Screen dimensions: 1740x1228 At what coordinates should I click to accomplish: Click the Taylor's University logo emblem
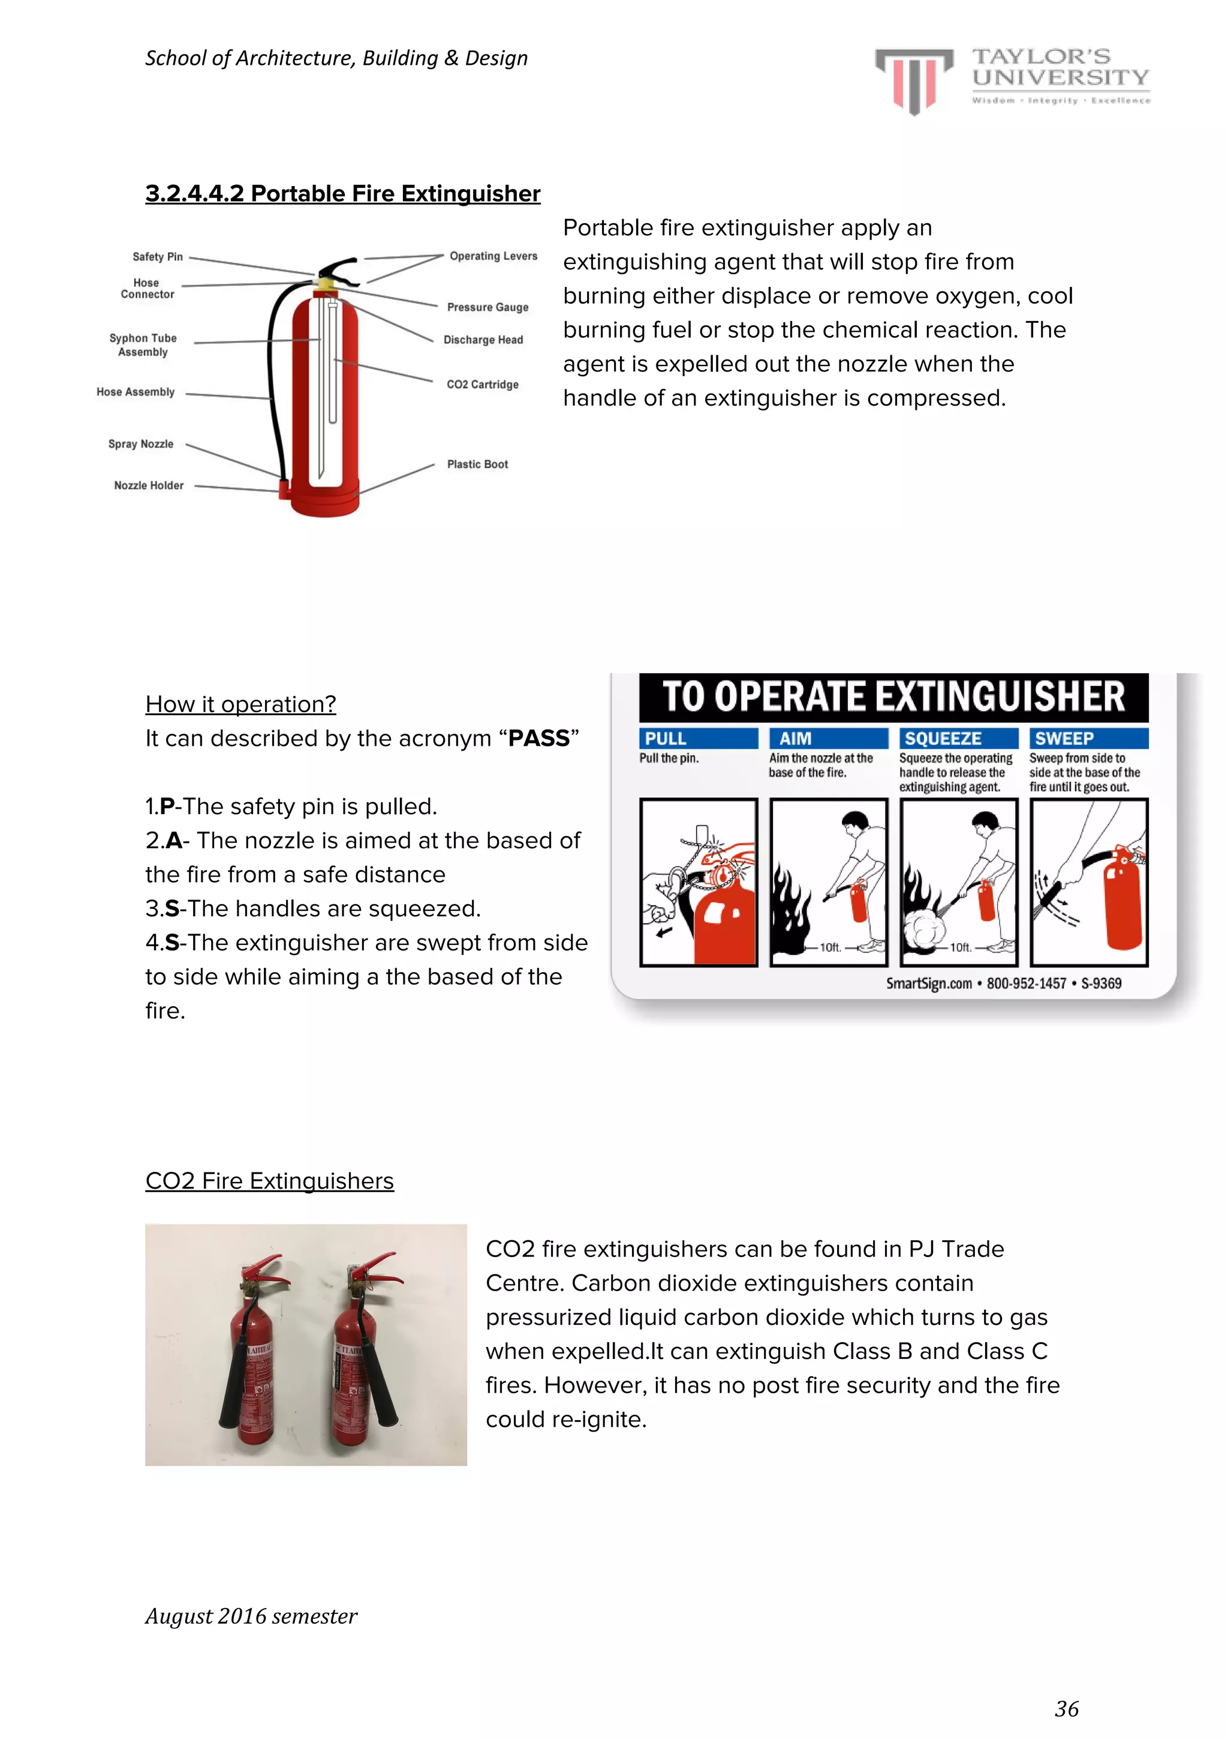[914, 80]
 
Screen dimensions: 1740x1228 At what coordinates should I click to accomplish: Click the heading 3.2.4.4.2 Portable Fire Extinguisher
[342, 194]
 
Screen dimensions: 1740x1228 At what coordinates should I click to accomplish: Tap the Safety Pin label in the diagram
[158, 257]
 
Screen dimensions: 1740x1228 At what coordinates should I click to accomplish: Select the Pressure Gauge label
[487, 307]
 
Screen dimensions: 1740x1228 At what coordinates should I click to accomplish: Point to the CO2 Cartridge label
[483, 384]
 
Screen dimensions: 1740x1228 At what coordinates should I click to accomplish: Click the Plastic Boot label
[477, 464]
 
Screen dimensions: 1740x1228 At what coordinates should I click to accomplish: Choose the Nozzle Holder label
[149, 485]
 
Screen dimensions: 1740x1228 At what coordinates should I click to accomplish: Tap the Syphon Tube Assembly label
[143, 345]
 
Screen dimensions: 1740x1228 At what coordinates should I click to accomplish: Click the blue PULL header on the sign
[698, 738]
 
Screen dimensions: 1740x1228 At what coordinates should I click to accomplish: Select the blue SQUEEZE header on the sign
[958, 738]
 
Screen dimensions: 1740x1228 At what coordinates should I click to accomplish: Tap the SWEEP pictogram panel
[1089, 882]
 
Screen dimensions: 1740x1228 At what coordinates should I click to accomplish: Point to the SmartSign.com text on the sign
[929, 983]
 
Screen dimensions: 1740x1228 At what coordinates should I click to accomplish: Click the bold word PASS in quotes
[538, 738]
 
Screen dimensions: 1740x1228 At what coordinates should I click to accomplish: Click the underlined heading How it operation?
[240, 704]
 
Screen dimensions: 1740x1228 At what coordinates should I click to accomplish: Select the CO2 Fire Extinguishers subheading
[269, 1181]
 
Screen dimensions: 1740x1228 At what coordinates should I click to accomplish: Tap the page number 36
[1066, 1708]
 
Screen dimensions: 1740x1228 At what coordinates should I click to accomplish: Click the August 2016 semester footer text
[251, 1616]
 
